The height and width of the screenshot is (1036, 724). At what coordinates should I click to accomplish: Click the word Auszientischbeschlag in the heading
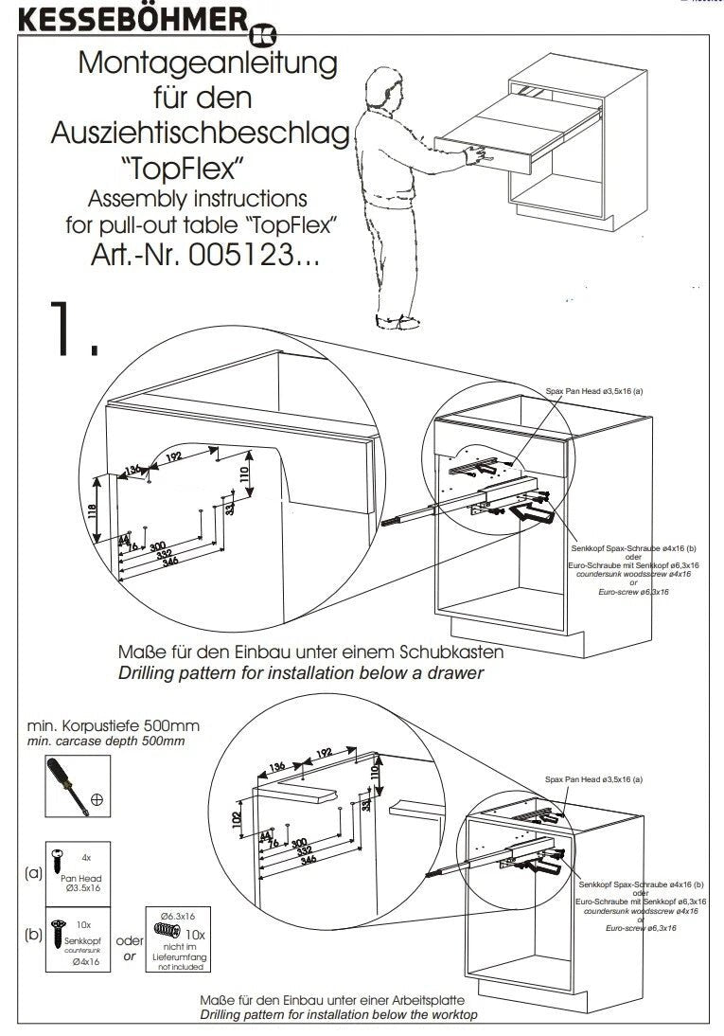tap(200, 133)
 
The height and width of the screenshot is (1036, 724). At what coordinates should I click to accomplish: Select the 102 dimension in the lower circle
tap(237, 816)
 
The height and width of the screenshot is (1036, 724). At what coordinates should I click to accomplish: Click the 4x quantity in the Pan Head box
tap(86, 855)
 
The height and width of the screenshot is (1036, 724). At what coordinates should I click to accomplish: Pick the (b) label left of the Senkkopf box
tap(34, 934)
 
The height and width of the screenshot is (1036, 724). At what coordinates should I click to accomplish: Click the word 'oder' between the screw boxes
tap(129, 941)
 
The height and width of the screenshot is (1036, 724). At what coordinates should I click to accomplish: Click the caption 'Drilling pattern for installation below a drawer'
tap(301, 673)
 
